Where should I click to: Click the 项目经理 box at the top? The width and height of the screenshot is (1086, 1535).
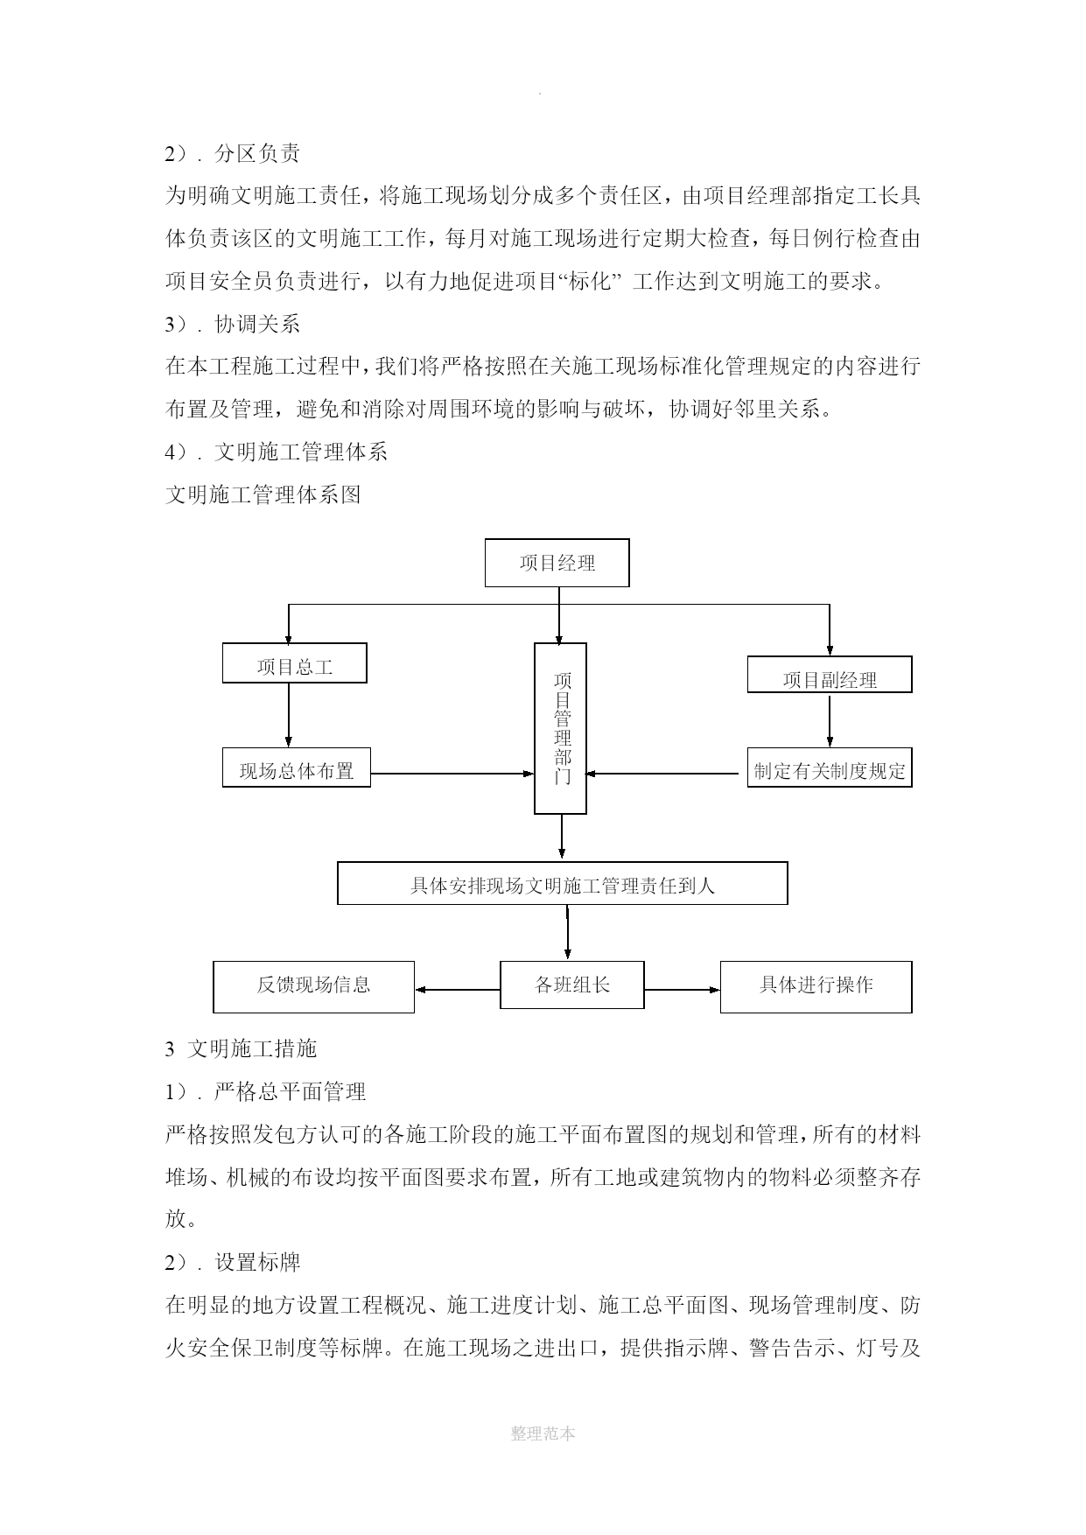[x=557, y=563]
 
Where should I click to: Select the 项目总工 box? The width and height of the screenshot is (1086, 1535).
[x=294, y=663]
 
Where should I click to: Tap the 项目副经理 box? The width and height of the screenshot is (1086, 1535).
[x=830, y=675]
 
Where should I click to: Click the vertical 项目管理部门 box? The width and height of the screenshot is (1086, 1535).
[x=561, y=729]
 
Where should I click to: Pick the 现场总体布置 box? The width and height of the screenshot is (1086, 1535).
[x=297, y=767]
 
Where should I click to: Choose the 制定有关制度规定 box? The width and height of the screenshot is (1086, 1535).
[x=830, y=767]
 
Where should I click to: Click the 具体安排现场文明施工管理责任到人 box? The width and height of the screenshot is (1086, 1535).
[x=563, y=883]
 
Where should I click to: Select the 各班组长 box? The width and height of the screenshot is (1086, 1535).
[x=572, y=985]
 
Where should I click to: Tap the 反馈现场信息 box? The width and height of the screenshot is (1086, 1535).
[x=314, y=987]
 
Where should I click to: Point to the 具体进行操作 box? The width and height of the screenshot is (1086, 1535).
[x=816, y=987]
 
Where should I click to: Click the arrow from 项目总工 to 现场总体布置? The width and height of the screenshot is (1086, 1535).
[x=289, y=715]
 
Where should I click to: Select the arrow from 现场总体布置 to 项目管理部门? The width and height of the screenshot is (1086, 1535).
[x=452, y=774]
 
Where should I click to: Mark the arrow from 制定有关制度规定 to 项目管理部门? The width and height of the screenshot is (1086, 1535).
[x=662, y=774]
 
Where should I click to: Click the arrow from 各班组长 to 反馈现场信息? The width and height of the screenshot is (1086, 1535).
[x=458, y=990]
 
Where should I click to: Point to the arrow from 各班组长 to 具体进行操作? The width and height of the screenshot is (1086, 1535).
[x=683, y=990]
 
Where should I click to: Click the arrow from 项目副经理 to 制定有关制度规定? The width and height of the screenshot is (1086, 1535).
[x=830, y=720]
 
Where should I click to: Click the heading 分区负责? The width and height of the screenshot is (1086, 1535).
[x=257, y=154]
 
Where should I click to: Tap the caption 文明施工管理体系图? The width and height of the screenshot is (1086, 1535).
[x=263, y=495]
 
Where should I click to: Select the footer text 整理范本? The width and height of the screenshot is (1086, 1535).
[x=543, y=1433]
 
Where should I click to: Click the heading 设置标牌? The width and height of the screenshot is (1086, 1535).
[x=257, y=1262]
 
